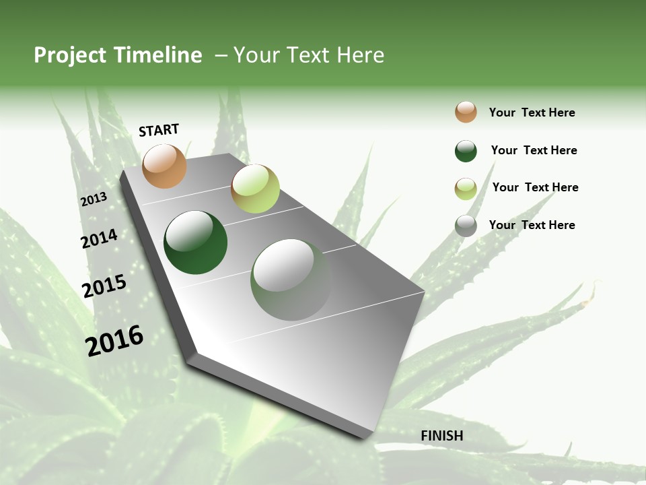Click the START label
pyautogui.click(x=159, y=130)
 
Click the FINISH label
pyautogui.click(x=441, y=436)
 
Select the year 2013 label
pyautogui.click(x=94, y=199)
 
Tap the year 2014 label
pyautogui.click(x=99, y=239)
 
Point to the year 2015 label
pyautogui.click(x=104, y=286)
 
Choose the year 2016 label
pyautogui.click(x=114, y=341)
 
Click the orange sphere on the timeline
pyautogui.click(x=165, y=166)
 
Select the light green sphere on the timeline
pyautogui.click(x=255, y=189)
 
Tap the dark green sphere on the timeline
pyautogui.click(x=196, y=243)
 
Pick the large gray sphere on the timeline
pyautogui.click(x=291, y=280)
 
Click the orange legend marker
pyautogui.click(x=466, y=112)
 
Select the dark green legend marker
pyautogui.click(x=466, y=151)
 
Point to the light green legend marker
pyautogui.click(x=466, y=189)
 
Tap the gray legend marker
pyautogui.click(x=466, y=226)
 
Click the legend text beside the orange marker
pyautogui.click(x=532, y=112)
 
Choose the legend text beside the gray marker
pyautogui.click(x=532, y=225)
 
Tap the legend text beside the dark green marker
pyautogui.click(x=534, y=150)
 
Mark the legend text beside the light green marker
pyautogui.click(x=535, y=187)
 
